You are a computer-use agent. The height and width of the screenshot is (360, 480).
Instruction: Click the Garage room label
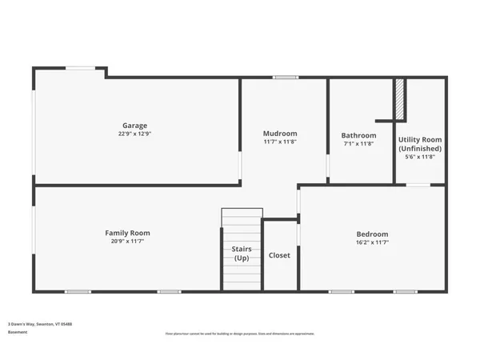coord(134,125)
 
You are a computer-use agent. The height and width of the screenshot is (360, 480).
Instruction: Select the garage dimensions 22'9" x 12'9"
coord(134,134)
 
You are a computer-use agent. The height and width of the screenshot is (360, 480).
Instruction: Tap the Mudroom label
coord(280,133)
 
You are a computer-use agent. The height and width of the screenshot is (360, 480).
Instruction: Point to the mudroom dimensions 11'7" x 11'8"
coord(280,142)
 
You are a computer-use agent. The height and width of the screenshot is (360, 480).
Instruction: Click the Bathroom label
coord(358,135)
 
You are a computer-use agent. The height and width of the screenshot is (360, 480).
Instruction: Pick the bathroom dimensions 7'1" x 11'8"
coord(358,144)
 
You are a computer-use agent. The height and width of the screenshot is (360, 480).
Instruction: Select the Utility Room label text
coord(420,139)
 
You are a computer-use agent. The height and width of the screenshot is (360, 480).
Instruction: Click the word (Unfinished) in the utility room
coord(420,148)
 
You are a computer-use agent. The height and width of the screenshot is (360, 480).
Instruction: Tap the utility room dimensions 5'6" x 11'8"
coord(420,157)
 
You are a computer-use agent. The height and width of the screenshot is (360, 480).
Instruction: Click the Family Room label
coord(127,233)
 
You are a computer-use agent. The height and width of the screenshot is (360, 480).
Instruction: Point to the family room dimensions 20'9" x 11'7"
coord(127,242)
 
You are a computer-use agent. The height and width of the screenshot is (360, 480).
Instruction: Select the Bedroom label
coord(372,234)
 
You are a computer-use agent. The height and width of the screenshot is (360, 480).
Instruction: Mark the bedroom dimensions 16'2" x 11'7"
coord(372,243)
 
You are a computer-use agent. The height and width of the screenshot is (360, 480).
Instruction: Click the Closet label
coord(279,255)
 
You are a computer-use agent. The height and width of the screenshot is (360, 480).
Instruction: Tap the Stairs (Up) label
coord(241,254)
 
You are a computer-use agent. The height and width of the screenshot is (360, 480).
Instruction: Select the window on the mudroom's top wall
coord(286,78)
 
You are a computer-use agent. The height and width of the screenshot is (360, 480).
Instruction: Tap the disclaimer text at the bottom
coord(240,333)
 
